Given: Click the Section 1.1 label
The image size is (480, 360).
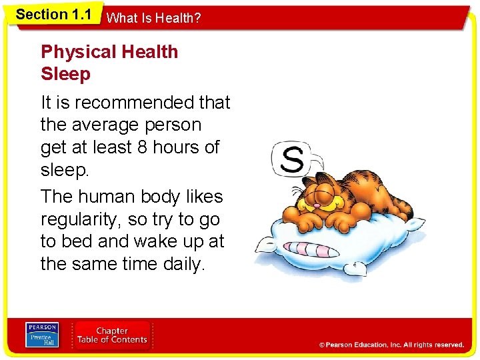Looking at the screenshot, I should click(x=53, y=15).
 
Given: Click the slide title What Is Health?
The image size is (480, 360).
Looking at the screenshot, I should click(x=153, y=19).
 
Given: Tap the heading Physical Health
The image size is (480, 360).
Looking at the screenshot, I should click(x=109, y=52).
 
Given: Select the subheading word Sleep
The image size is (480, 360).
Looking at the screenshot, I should click(x=65, y=74).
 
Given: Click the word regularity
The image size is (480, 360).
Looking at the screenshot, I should click(x=84, y=219).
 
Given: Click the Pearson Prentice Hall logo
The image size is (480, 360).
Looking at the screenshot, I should click(x=42, y=335).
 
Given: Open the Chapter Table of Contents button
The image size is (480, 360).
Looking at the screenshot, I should click(x=112, y=335).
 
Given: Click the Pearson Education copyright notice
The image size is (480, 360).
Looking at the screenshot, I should click(x=391, y=345).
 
